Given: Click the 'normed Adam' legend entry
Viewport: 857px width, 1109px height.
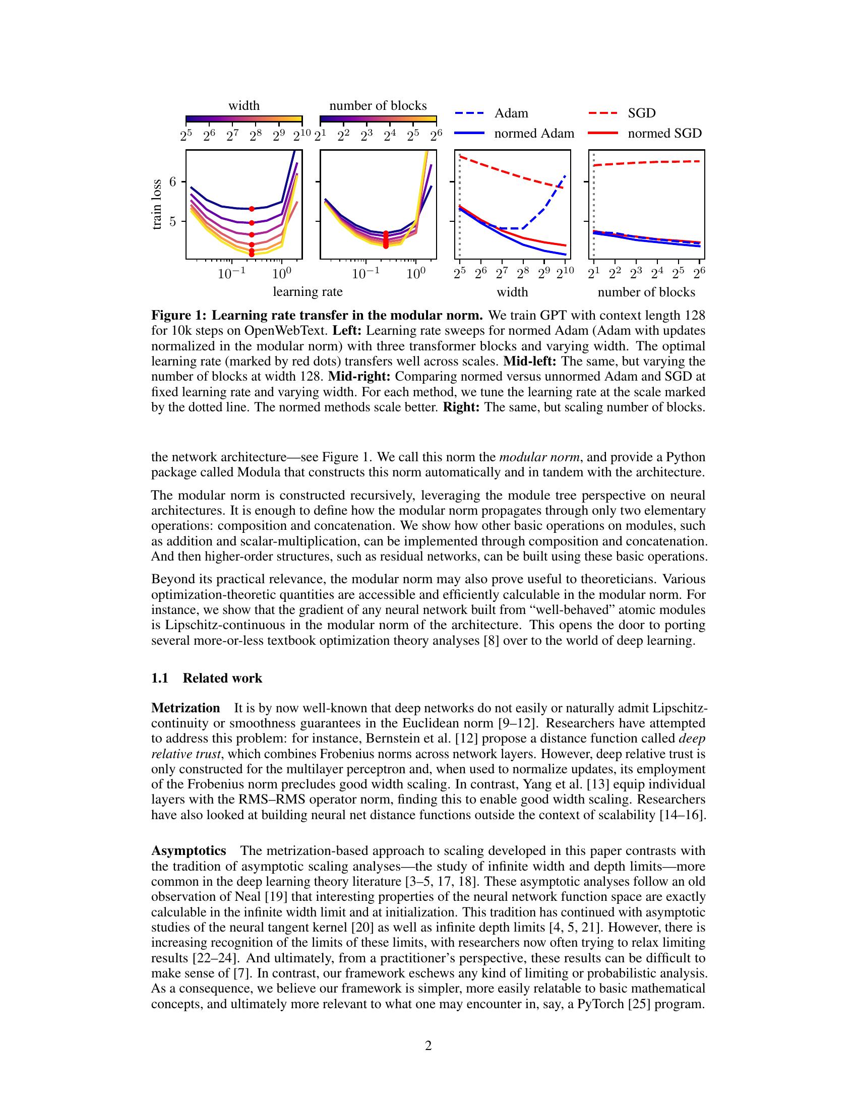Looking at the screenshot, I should (x=533, y=134).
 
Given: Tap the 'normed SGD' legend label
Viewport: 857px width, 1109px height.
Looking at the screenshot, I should (x=664, y=134).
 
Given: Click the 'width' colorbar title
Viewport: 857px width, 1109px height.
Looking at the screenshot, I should (x=243, y=106).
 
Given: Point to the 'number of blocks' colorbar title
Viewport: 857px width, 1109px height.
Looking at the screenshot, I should (x=378, y=106).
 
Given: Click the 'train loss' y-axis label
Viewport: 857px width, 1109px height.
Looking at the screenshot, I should (x=157, y=204).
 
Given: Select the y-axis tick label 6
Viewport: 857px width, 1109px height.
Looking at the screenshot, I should (x=173, y=182).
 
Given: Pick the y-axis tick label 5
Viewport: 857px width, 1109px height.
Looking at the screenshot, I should (x=173, y=221).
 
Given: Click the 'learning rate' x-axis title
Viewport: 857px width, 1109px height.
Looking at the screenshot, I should (x=308, y=292).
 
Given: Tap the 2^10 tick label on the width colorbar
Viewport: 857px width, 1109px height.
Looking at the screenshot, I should (x=301, y=136).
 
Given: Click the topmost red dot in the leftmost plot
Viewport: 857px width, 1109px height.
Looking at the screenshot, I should (x=252, y=209).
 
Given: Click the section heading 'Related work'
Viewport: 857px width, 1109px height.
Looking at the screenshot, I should (x=222, y=679).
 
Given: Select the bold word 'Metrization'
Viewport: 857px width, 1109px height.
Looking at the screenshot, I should (x=186, y=708).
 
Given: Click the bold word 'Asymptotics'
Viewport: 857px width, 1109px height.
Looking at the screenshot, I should (x=189, y=850).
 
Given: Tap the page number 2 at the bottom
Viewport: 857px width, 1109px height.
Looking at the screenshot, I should (x=428, y=1045).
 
